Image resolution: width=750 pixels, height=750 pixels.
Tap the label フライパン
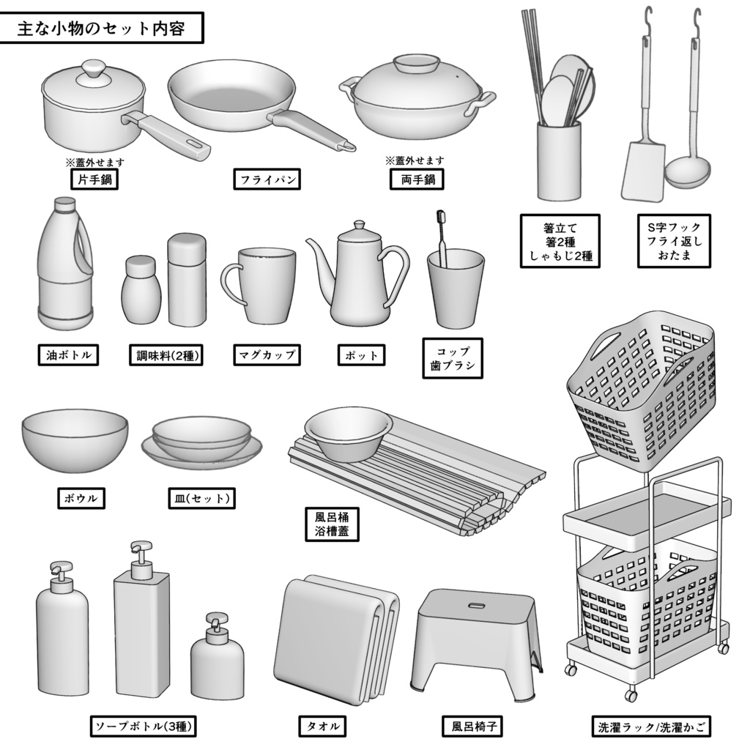pos(267,179)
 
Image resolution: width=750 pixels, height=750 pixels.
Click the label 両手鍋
pos(417,179)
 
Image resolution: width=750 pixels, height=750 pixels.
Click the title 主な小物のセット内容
pos(101,30)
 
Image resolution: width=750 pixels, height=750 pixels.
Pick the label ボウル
pos(81,499)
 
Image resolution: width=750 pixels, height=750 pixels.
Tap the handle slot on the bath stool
pos(476,606)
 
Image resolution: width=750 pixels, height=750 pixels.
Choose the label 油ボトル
pos(68,356)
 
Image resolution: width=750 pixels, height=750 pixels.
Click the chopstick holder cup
pos(558,161)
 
